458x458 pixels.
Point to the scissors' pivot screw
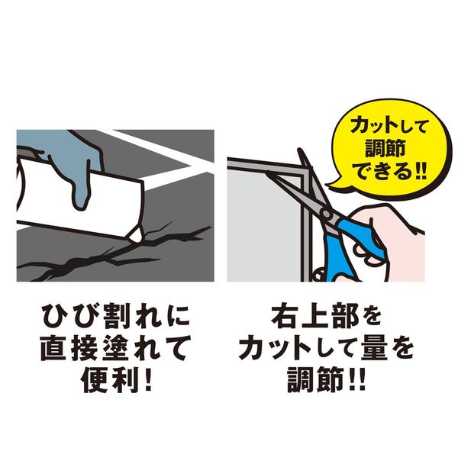326,214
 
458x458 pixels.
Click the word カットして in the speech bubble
389,127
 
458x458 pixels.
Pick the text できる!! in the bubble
389,171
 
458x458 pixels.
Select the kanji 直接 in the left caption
69,349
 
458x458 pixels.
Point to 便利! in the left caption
116,379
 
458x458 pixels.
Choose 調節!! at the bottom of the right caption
326,379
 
